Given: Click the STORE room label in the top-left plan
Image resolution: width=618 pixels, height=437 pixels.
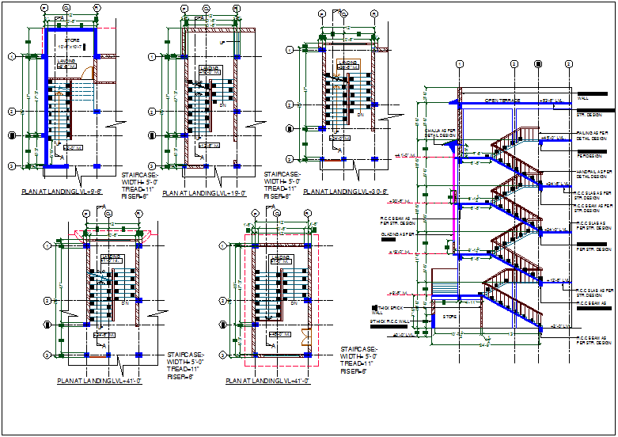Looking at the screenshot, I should [72, 40].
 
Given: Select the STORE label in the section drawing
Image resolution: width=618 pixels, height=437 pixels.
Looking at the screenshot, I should [450, 317].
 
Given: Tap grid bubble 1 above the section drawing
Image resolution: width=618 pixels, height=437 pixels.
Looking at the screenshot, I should [459, 64].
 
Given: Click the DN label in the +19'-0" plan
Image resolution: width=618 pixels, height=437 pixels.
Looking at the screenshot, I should [223, 105].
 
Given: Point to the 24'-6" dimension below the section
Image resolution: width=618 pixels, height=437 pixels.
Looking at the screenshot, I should [484, 345].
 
